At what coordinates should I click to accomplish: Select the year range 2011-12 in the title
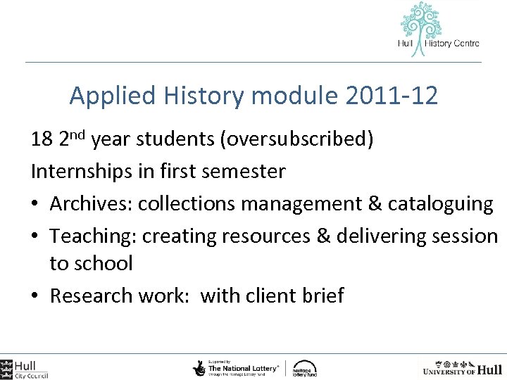pyautogui.click(x=392, y=96)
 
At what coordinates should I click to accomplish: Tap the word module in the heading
pyautogui.click(x=296, y=96)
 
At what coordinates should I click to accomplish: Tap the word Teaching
pyautogui.click(x=93, y=236)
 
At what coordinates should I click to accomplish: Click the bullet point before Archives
pyautogui.click(x=36, y=205)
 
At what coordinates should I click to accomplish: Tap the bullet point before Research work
pyautogui.click(x=36, y=296)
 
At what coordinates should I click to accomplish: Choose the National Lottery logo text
pyautogui.click(x=243, y=367)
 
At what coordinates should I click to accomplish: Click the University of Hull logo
pyautogui.click(x=463, y=368)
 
